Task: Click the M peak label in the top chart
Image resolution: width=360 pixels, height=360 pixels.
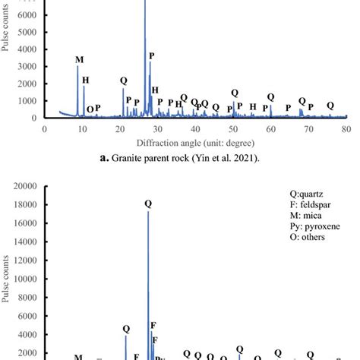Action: coord(80,59)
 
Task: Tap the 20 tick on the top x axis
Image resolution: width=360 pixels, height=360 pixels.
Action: coord(120,129)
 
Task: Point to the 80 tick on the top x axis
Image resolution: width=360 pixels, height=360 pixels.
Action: coord(346,129)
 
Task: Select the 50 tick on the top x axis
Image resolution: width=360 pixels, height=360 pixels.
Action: coord(233,129)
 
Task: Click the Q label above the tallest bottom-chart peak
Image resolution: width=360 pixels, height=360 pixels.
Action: coord(148,204)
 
